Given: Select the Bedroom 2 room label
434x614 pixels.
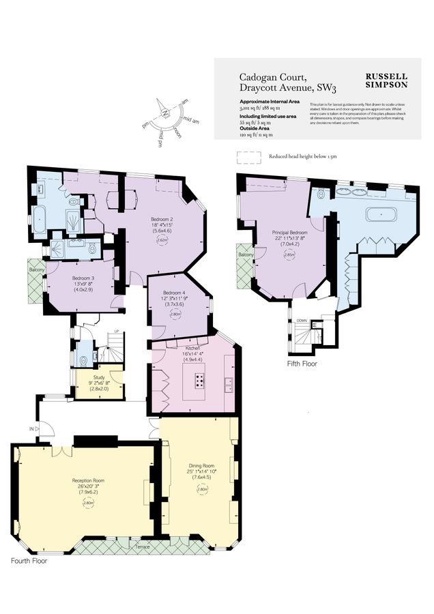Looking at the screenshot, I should tap(162, 220).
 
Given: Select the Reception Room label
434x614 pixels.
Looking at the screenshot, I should tap(88, 481).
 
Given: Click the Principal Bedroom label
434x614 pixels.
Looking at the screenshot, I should tap(290, 233).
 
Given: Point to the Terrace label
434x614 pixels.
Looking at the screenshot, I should tap(142, 546).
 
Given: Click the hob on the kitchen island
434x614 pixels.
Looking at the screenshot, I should tap(200, 379).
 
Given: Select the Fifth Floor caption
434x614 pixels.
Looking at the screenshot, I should tap(302, 364).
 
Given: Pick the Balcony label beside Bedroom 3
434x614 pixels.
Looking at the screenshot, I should tap(37, 269).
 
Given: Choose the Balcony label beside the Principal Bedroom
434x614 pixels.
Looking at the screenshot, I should tap(246, 254).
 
